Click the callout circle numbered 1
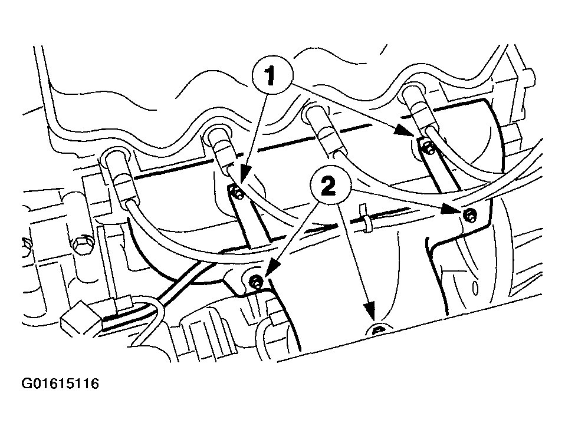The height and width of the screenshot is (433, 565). [272, 74]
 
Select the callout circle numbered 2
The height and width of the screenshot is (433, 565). [330, 186]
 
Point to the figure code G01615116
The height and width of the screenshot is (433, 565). [60, 384]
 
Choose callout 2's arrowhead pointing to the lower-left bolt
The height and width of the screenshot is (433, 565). [272, 267]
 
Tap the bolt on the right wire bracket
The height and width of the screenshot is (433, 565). [428, 148]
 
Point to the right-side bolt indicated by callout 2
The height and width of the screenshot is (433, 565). [469, 215]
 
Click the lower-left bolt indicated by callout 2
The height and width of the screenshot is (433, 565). [256, 281]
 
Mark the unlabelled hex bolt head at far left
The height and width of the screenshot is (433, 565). [82, 246]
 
